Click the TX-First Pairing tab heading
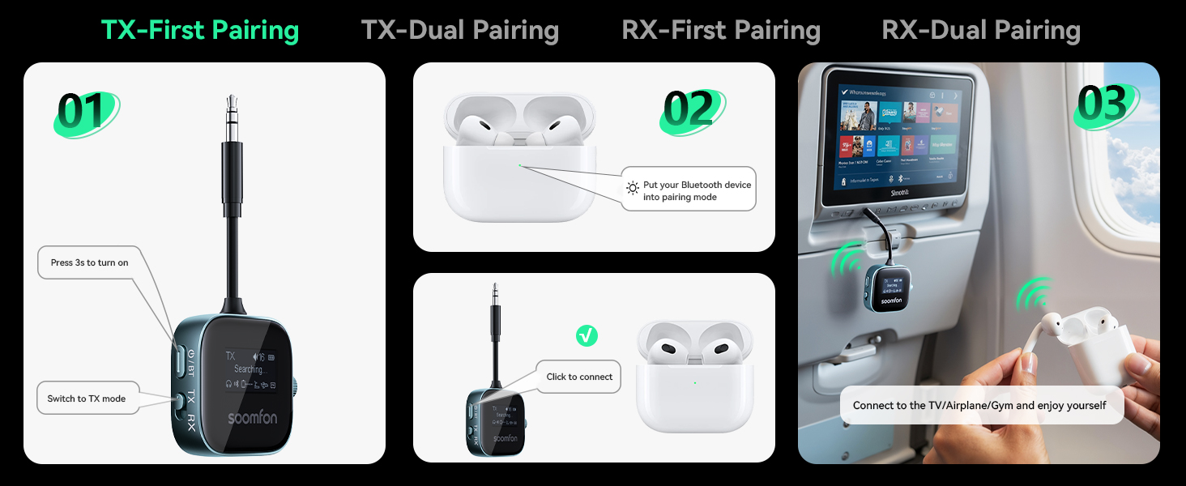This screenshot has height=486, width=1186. tap(200, 31)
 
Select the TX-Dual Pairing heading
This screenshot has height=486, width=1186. tap(460, 31)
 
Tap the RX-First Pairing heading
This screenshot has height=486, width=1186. tap(721, 31)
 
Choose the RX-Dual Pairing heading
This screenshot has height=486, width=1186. tap(981, 31)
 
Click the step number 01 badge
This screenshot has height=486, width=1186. tap(85, 113)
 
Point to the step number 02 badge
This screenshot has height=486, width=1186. tap(693, 109)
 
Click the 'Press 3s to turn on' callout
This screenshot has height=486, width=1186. tap(89, 262)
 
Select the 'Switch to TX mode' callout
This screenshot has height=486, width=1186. tap(87, 399)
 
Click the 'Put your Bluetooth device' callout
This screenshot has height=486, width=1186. tap(689, 190)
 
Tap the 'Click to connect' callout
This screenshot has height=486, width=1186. tap(579, 377)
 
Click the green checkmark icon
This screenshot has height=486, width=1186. tap(587, 335)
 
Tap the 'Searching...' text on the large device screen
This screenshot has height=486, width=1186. tap(249, 369)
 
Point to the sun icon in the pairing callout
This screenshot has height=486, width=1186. tap(633, 189)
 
